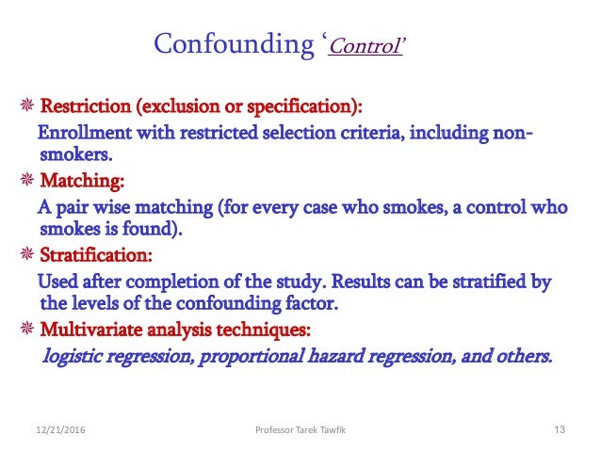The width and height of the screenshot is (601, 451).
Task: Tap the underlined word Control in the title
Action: point(364,45)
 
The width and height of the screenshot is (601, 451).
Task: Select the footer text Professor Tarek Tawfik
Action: point(300,430)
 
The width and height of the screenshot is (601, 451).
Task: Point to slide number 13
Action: point(559,430)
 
